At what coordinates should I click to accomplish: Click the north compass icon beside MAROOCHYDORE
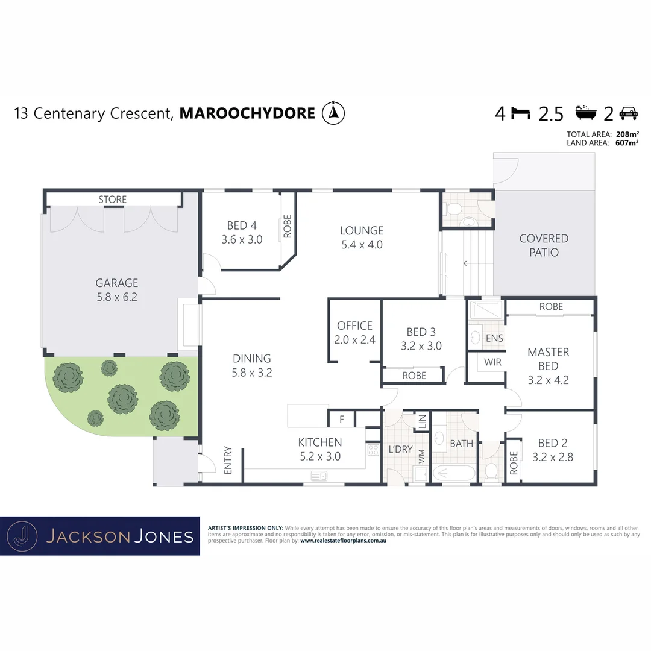333,113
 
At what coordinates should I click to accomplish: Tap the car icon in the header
629,113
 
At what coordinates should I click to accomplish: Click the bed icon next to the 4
521,113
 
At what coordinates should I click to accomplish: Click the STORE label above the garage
113,199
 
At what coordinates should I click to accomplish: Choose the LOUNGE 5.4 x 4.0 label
362,237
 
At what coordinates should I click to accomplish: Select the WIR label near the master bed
492,362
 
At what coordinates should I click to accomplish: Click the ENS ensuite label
494,338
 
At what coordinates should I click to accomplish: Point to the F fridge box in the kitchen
341,418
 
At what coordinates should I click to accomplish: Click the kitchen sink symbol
319,476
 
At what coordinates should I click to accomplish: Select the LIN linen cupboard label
422,421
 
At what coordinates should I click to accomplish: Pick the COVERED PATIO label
544,245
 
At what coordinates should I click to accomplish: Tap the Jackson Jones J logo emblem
22,535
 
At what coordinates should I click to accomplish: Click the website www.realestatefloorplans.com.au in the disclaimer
342,541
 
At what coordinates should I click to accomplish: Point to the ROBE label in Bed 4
288,226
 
